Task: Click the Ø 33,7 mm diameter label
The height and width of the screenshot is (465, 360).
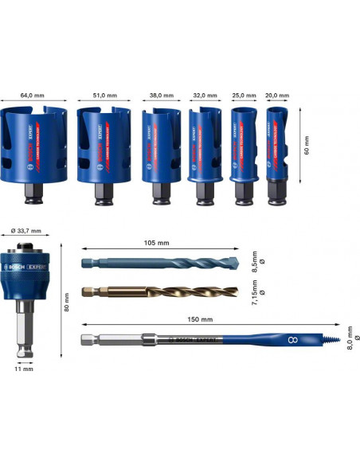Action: tap(27, 231)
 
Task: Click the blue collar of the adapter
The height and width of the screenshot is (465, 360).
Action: tap(27, 275)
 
